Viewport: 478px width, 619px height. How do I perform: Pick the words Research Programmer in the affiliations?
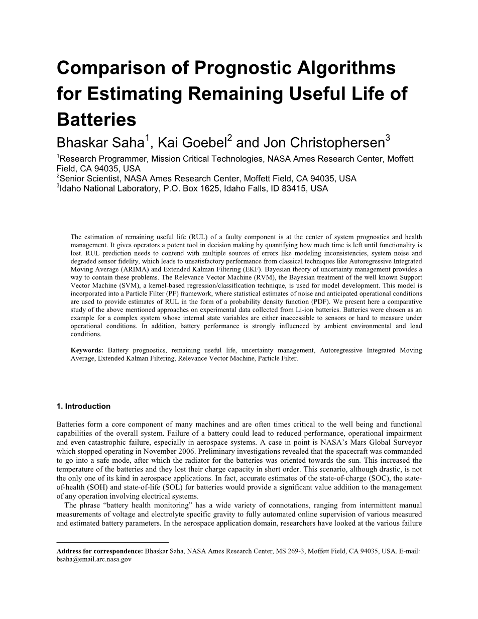(104, 159)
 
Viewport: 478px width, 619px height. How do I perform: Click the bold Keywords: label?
(87, 350)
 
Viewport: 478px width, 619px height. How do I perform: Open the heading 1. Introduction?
(83, 406)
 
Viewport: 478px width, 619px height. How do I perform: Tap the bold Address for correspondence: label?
(100, 551)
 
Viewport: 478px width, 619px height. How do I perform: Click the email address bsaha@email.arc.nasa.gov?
(94, 559)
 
